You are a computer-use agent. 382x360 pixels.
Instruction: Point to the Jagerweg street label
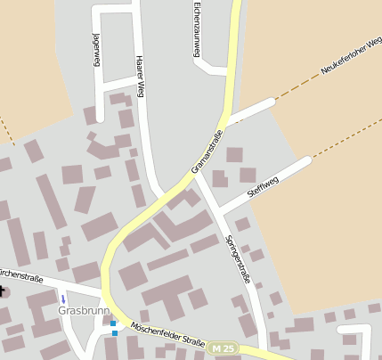(96, 52)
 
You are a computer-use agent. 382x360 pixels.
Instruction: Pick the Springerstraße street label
(240, 259)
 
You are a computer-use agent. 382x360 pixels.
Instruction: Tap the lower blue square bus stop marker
(115, 333)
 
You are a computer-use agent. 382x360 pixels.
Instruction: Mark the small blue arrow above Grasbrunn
(62, 299)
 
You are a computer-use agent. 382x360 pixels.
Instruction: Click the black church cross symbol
(3, 290)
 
